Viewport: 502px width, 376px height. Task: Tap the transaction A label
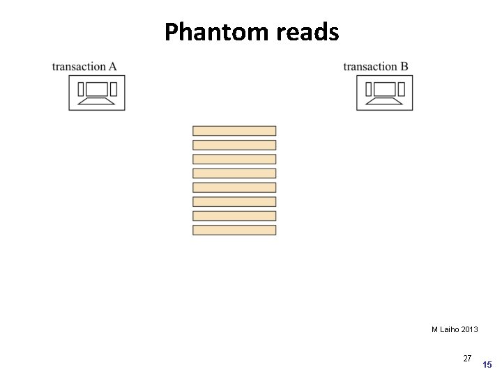click(x=84, y=67)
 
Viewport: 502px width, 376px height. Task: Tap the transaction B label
click(x=376, y=67)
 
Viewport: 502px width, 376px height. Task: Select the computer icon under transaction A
click(x=97, y=93)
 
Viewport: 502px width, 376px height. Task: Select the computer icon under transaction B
click(x=385, y=93)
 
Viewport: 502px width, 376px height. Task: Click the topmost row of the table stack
click(x=234, y=130)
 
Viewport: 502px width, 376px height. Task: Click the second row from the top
click(x=234, y=145)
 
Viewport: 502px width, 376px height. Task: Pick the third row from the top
click(x=234, y=159)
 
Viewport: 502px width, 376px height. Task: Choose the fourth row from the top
click(x=234, y=173)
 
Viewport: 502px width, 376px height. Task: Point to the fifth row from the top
click(x=234, y=187)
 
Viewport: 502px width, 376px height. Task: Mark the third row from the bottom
click(x=234, y=201)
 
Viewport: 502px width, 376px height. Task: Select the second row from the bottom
click(x=234, y=216)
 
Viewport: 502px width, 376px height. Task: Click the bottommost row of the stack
click(x=234, y=230)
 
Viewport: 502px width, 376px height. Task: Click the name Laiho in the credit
click(x=450, y=329)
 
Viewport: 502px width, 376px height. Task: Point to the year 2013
click(x=469, y=329)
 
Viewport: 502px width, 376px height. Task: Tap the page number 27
click(x=467, y=359)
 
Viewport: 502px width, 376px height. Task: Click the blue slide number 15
click(x=487, y=365)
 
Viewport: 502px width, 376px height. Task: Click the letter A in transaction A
click(x=112, y=67)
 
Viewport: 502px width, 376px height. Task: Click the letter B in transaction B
click(x=404, y=67)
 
